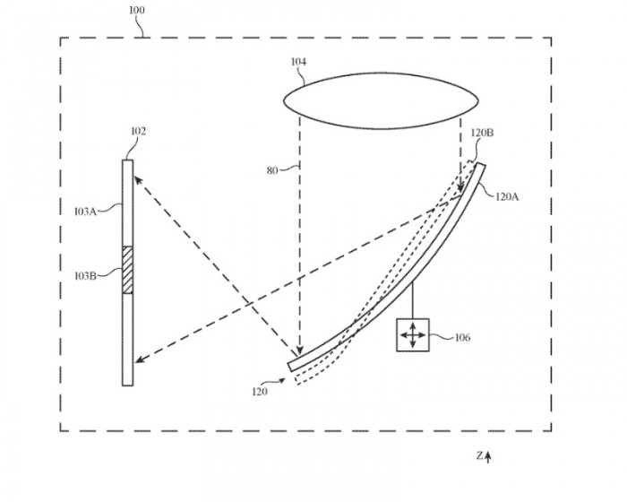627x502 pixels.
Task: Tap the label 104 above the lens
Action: [x=298, y=63]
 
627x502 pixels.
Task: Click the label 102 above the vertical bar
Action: [x=139, y=132]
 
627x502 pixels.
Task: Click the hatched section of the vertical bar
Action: [x=127, y=269]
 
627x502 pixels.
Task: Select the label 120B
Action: [x=482, y=133]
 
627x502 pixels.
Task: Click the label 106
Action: [x=462, y=338]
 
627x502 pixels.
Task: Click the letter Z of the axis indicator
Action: [x=479, y=456]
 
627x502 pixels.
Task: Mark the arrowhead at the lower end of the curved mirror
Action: [x=299, y=353]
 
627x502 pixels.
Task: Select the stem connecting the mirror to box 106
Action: [x=413, y=300]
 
